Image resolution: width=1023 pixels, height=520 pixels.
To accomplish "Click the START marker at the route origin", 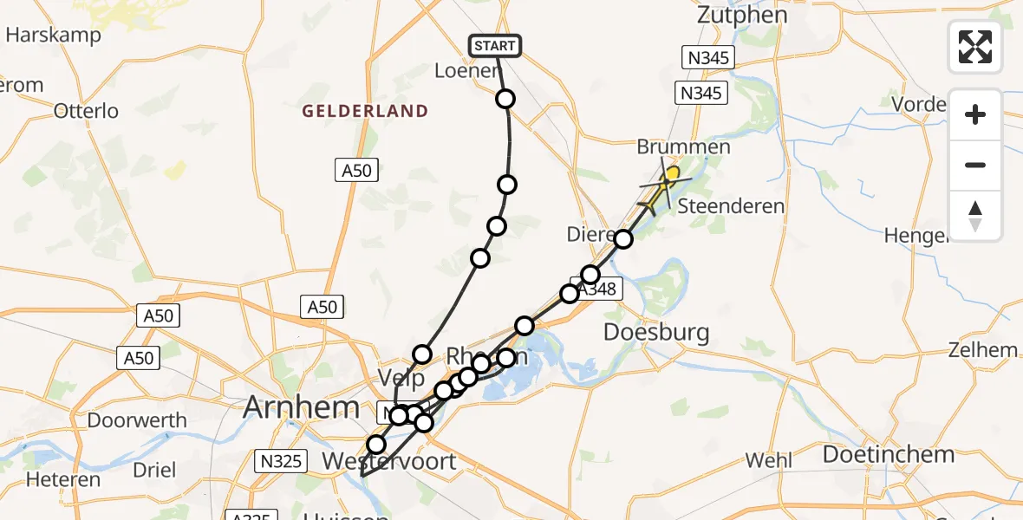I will point(495,46).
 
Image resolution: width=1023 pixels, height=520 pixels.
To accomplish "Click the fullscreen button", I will point(975,47).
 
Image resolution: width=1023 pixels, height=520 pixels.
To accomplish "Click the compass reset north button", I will point(975,216).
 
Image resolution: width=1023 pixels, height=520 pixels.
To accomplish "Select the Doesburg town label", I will point(656,332).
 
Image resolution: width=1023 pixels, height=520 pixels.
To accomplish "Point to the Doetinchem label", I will point(888,454).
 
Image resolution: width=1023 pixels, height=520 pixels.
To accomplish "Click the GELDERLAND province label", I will point(365,111).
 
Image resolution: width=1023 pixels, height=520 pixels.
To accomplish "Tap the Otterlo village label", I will point(86,111).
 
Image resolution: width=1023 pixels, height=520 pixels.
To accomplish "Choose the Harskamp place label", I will point(53,36).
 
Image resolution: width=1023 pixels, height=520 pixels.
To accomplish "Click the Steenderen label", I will point(730,206).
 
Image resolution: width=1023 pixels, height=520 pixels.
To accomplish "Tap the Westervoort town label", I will point(388,461).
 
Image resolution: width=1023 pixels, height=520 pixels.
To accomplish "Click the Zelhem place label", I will point(983,350).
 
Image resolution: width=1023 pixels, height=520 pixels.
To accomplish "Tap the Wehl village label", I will point(768,460).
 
